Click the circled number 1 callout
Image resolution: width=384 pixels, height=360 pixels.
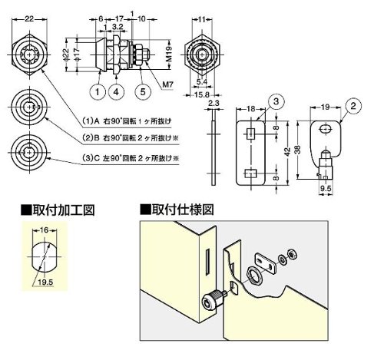[x=98, y=92]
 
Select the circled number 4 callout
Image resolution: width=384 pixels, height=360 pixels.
[x=116, y=92]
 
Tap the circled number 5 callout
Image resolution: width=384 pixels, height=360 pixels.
[x=143, y=92]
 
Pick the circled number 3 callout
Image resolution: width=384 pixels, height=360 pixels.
[x=276, y=102]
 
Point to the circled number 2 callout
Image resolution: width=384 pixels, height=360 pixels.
[x=353, y=106]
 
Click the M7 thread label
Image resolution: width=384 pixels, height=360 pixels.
[x=168, y=84]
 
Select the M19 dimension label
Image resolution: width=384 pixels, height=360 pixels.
[x=168, y=54]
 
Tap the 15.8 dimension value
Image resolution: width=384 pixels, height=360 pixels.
[x=202, y=95]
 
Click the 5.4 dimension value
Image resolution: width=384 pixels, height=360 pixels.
[x=202, y=82]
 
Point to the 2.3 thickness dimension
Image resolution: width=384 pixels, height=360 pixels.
[x=214, y=103]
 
